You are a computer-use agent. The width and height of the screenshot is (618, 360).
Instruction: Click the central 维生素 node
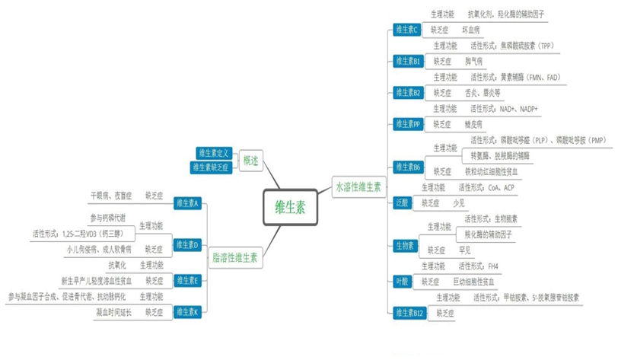(x=290, y=206)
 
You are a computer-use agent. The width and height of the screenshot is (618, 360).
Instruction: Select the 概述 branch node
(x=250, y=161)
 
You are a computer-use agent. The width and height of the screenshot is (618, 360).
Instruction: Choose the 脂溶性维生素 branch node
(x=234, y=257)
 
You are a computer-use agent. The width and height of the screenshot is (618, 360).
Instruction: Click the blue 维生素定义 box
(x=214, y=153)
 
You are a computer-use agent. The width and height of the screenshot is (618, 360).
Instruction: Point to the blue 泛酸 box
(x=403, y=202)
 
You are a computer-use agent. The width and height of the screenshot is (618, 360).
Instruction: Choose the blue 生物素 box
(x=404, y=245)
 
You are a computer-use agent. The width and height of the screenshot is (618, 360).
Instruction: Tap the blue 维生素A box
(x=186, y=203)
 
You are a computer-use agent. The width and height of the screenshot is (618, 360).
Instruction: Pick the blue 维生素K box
(x=186, y=312)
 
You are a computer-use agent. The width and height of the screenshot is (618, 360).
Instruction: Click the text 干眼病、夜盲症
(x=111, y=196)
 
